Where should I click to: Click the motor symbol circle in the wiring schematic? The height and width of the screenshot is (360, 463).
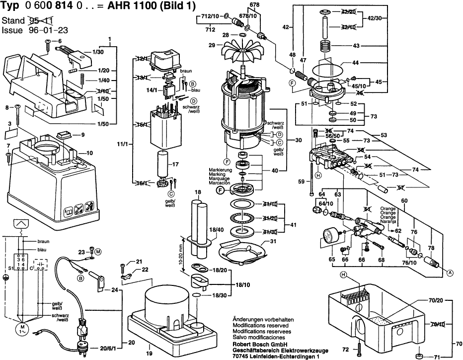[23, 329]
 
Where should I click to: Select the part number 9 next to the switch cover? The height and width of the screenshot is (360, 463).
[83, 134]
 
